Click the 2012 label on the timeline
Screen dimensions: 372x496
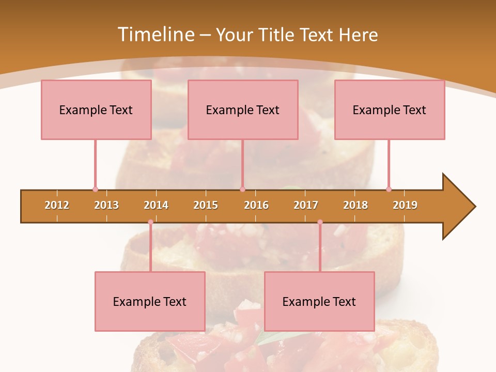57,205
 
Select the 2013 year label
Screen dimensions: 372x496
106,205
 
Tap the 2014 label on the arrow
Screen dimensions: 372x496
156,205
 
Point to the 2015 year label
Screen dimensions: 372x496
206,205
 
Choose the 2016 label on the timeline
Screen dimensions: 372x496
256,205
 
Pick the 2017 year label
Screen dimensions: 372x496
306,205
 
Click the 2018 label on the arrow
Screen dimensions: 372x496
355,205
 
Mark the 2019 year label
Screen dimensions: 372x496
405,205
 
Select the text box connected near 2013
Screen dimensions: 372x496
96,110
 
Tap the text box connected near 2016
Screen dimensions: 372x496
243,110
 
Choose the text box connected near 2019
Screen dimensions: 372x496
390,110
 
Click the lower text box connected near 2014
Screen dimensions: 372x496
150,301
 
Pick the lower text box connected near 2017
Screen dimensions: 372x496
319,301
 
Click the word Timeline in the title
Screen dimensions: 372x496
155,35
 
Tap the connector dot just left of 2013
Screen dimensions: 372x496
95,189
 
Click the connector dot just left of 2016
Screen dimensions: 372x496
242,189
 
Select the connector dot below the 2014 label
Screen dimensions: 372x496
150,222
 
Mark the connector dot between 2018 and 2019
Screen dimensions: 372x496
389,189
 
